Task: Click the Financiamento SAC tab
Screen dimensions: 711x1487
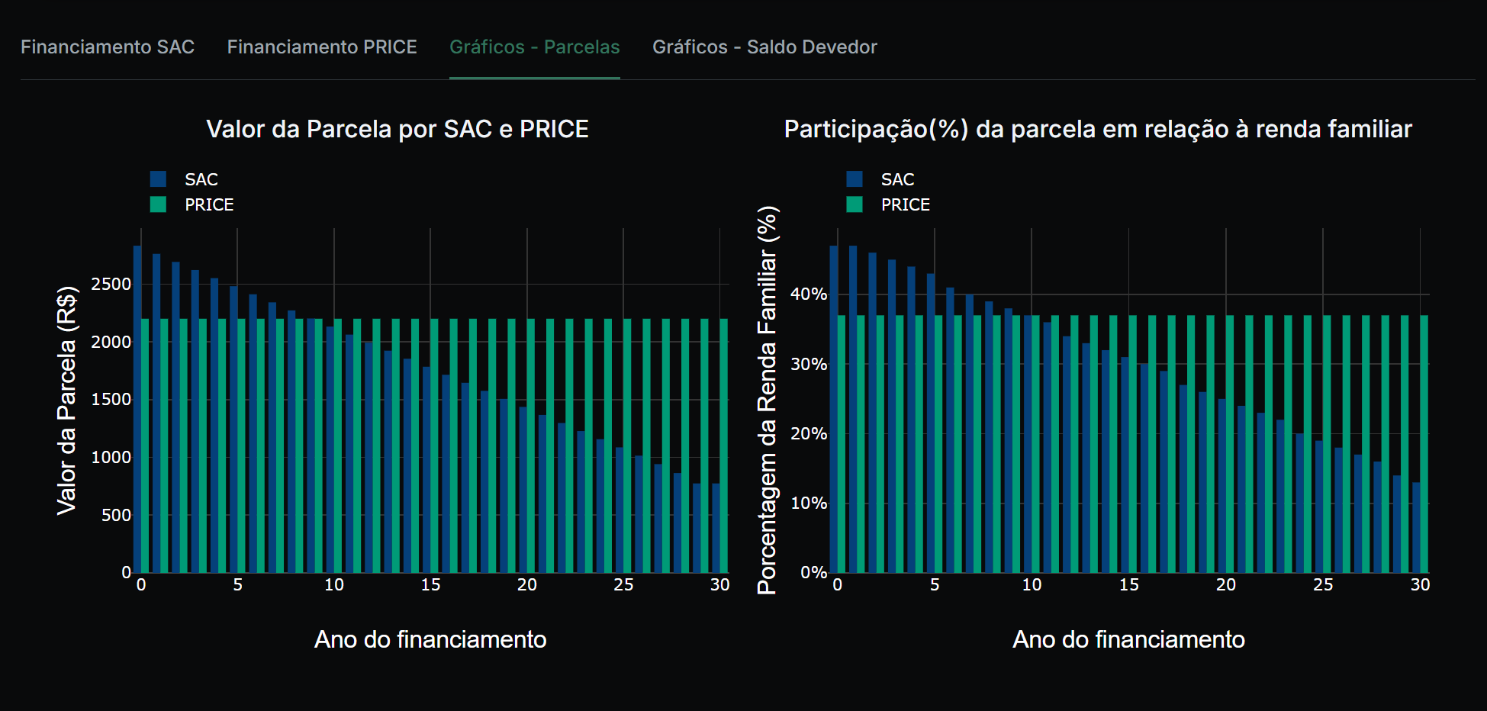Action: (x=108, y=47)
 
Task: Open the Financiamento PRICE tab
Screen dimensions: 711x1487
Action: (x=322, y=47)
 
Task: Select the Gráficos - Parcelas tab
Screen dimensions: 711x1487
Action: (x=534, y=47)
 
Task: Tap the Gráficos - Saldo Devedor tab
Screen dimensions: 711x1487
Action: (x=764, y=47)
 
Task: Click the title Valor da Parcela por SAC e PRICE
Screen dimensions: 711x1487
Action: (x=397, y=129)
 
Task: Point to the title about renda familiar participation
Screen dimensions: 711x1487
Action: (x=1098, y=129)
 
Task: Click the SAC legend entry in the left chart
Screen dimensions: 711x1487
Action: (x=201, y=179)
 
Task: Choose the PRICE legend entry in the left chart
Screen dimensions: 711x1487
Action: (x=208, y=204)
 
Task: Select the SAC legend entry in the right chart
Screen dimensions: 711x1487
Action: (x=897, y=179)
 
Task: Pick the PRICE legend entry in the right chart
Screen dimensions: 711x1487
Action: (x=905, y=204)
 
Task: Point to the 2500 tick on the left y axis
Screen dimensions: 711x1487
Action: (x=111, y=285)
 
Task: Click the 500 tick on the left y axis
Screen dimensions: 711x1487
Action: (x=116, y=516)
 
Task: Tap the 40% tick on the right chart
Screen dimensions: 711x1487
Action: (x=809, y=294)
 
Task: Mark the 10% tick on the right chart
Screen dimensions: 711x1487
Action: (x=809, y=503)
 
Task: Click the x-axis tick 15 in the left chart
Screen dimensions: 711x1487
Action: (x=430, y=585)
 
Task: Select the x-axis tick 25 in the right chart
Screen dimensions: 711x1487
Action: (x=1323, y=585)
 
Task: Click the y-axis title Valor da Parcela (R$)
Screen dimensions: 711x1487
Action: (x=67, y=401)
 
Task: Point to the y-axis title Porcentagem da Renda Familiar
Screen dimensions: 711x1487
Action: (x=767, y=401)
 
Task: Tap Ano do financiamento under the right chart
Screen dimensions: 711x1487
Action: (x=1128, y=639)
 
